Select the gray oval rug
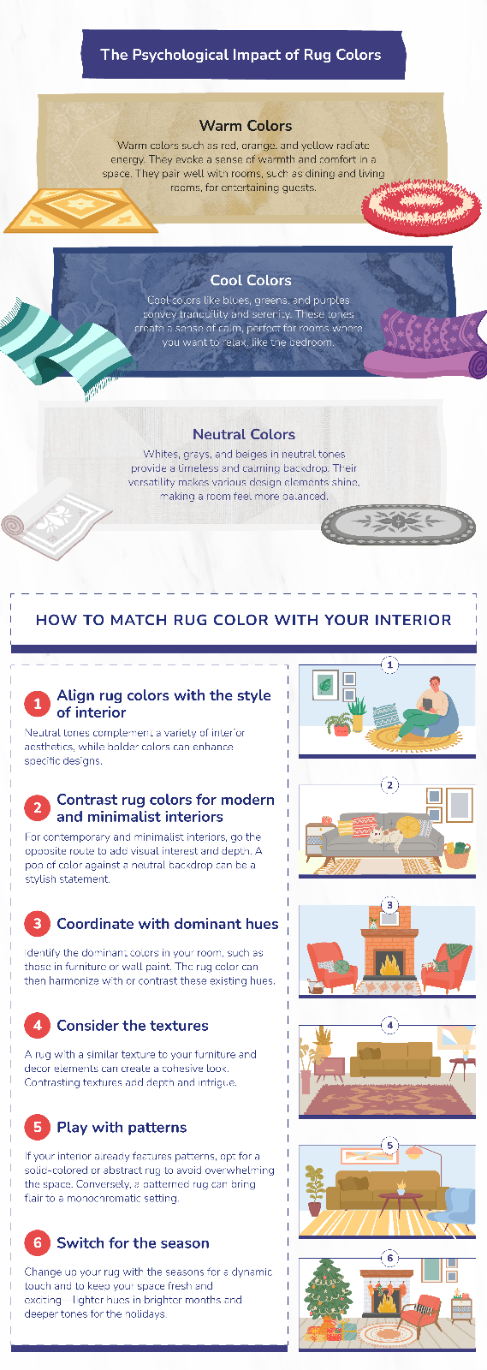[398, 523]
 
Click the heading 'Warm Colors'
[246, 126]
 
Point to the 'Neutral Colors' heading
[244, 434]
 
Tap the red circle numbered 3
[38, 924]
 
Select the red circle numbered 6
[38, 1242]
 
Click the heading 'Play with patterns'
[122, 1128]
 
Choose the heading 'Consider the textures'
[133, 1026]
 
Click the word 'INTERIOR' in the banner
[408, 620]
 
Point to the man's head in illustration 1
[434, 685]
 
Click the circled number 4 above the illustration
[390, 1025]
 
